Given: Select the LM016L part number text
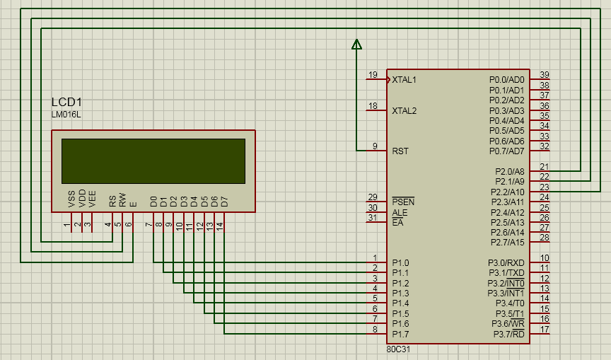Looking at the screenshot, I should pyautogui.click(x=66, y=115).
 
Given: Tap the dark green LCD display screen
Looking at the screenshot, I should pyautogui.click(x=153, y=161).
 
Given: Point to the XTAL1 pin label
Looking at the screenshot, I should pyautogui.click(x=404, y=80).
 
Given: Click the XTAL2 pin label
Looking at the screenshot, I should pyautogui.click(x=404, y=111).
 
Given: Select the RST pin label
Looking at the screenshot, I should pyautogui.click(x=400, y=151).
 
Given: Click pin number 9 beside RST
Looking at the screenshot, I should pyautogui.click(x=375, y=146).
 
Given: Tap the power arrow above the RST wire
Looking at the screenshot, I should pyautogui.click(x=356, y=45).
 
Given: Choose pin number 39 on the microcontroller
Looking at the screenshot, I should pyautogui.click(x=544, y=75).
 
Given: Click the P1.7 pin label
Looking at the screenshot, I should pyautogui.click(x=400, y=334).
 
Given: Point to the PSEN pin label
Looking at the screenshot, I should pyautogui.click(x=403, y=202).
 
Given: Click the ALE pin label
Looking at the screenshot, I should pyautogui.click(x=400, y=212).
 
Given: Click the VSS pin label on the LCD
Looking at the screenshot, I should pyautogui.click(x=71, y=198).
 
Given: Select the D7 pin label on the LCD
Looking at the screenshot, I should pyautogui.click(x=224, y=201).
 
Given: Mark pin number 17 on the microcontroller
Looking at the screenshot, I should pyautogui.click(x=544, y=330).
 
